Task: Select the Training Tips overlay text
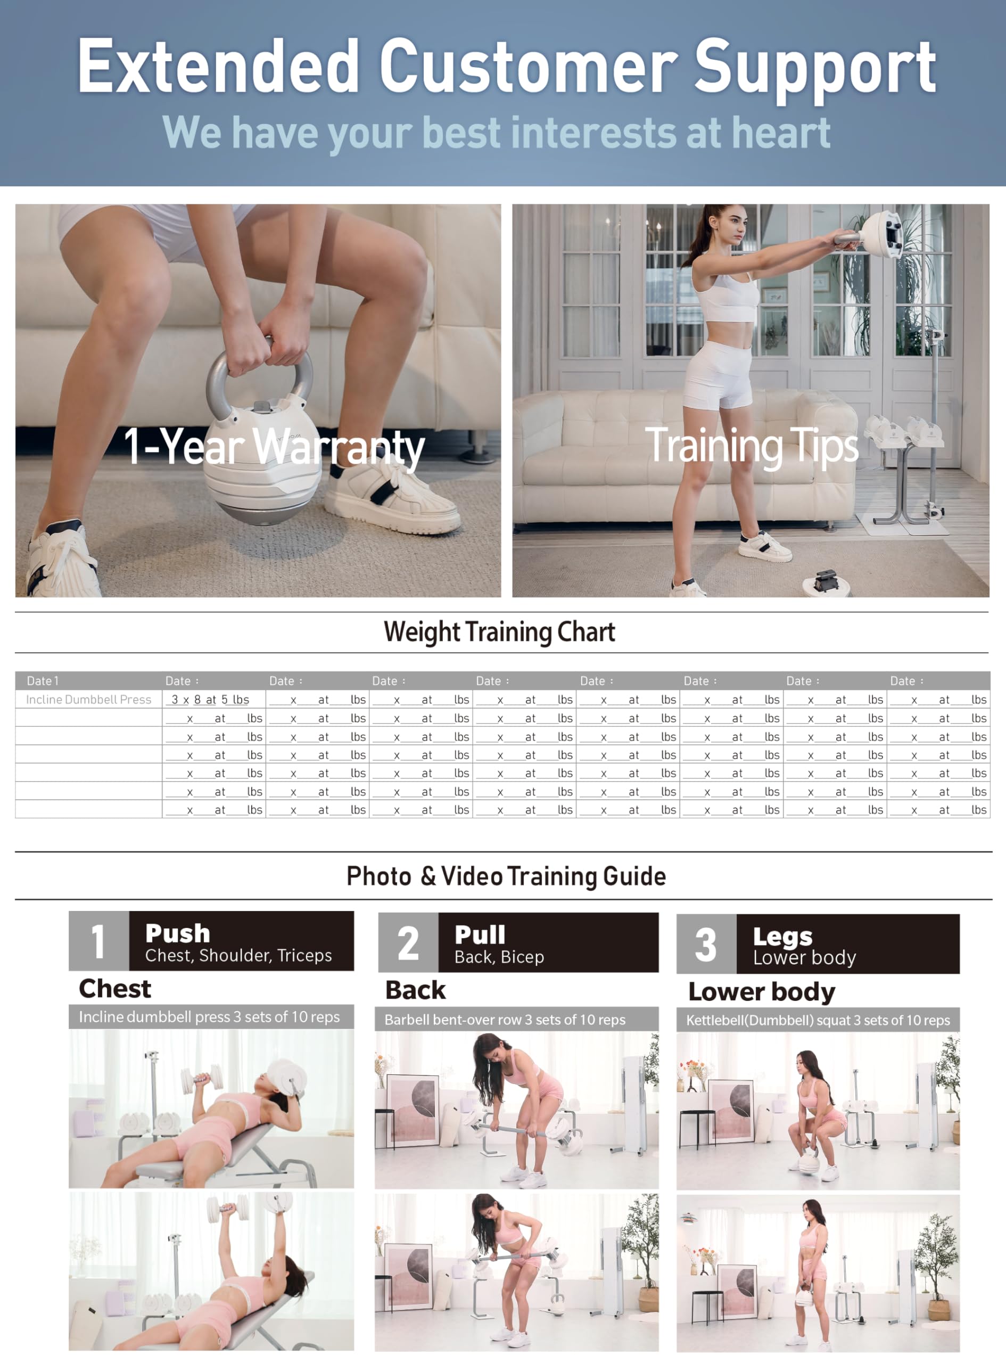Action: (x=752, y=446)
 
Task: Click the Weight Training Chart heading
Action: (x=499, y=632)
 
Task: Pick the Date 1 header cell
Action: (x=43, y=681)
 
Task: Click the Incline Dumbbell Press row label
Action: (x=88, y=700)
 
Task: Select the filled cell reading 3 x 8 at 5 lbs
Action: (x=210, y=700)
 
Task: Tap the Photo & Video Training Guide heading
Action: (x=506, y=876)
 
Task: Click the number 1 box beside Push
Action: (x=98, y=941)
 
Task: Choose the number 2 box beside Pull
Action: (x=408, y=942)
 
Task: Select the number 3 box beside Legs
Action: (x=706, y=944)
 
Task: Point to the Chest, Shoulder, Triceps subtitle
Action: (x=238, y=956)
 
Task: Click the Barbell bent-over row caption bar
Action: (x=516, y=1020)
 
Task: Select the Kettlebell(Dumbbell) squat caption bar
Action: (x=818, y=1020)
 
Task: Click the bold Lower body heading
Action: (x=762, y=991)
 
